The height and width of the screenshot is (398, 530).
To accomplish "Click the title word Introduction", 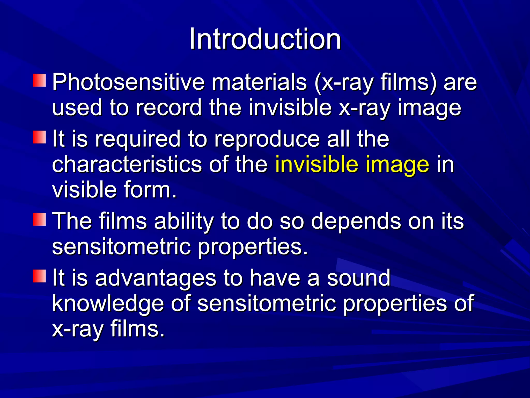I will [x=265, y=39].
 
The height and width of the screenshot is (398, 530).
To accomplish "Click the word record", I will [x=168, y=108].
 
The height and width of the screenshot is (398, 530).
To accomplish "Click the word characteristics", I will [x=127, y=164].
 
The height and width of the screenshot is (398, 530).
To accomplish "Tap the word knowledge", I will [x=108, y=303].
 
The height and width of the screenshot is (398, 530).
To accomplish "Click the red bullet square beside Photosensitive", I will [x=39, y=81].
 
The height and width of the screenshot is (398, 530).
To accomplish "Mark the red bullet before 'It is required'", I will [x=39, y=137].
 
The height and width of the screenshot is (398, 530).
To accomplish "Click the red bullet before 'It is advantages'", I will [x=39, y=276].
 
